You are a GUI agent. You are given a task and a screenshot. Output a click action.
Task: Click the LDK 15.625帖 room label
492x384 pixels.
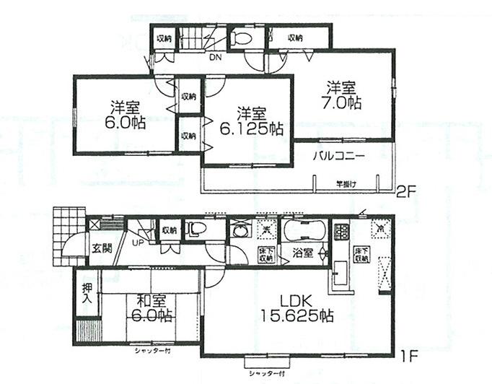coord(297,307)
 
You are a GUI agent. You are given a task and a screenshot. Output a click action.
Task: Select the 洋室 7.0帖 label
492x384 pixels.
coord(342,95)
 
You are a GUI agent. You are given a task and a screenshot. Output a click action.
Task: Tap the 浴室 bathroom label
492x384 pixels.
coord(301,254)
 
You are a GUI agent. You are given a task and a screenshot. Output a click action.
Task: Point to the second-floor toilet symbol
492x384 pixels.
coord(242,40)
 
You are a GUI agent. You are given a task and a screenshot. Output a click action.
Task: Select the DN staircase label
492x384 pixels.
coord(214,57)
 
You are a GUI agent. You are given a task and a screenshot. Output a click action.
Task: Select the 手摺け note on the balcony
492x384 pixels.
coord(346,183)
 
